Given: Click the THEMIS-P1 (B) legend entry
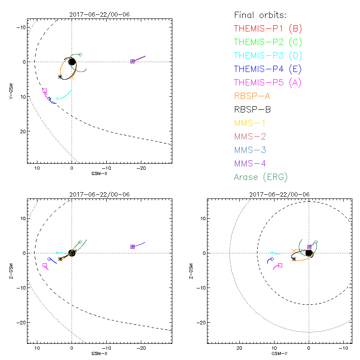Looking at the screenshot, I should coord(268,29).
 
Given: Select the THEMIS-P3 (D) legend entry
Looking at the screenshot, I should coord(268,56).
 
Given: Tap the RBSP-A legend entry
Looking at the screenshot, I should coord(252,96).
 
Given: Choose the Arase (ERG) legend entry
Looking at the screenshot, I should coord(261,177).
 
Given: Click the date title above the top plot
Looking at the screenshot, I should coord(99,14).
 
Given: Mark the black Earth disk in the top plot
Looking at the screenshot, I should coord(72,62).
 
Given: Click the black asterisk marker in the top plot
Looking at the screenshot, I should coord(60,77).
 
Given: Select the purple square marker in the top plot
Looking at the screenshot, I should coord(132,61).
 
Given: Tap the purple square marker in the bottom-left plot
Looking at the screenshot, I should coord(132,247).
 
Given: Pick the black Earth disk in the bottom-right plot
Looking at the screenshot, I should coord(309,253).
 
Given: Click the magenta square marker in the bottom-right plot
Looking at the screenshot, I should coord(280,265).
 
